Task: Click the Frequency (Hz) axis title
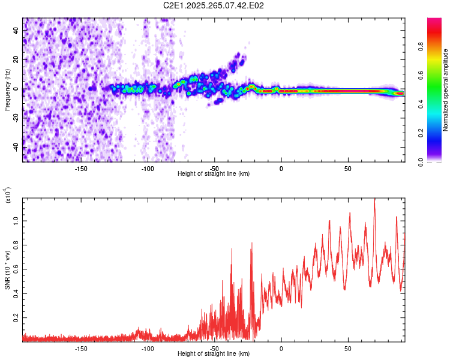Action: coord(7,90)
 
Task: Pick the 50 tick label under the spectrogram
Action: coord(347,169)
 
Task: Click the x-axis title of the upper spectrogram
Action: coord(214,174)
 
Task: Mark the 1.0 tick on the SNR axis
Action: coord(17,221)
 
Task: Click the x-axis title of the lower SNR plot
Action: coord(214,354)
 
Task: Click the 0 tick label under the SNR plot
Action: coord(281,349)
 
